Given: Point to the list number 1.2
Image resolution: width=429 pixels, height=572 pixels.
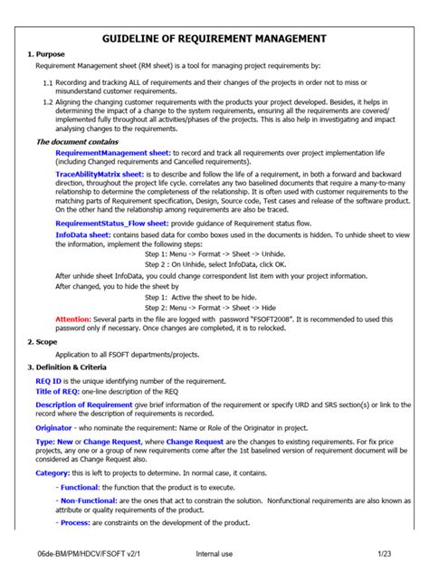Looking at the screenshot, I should pos(49,104).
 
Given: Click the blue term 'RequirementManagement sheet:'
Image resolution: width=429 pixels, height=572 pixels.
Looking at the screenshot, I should pos(113,155).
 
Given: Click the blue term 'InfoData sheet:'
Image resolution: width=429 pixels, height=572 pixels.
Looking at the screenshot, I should pos(84,234).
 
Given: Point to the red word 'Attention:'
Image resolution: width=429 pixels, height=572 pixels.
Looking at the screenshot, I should pos(73,319).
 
